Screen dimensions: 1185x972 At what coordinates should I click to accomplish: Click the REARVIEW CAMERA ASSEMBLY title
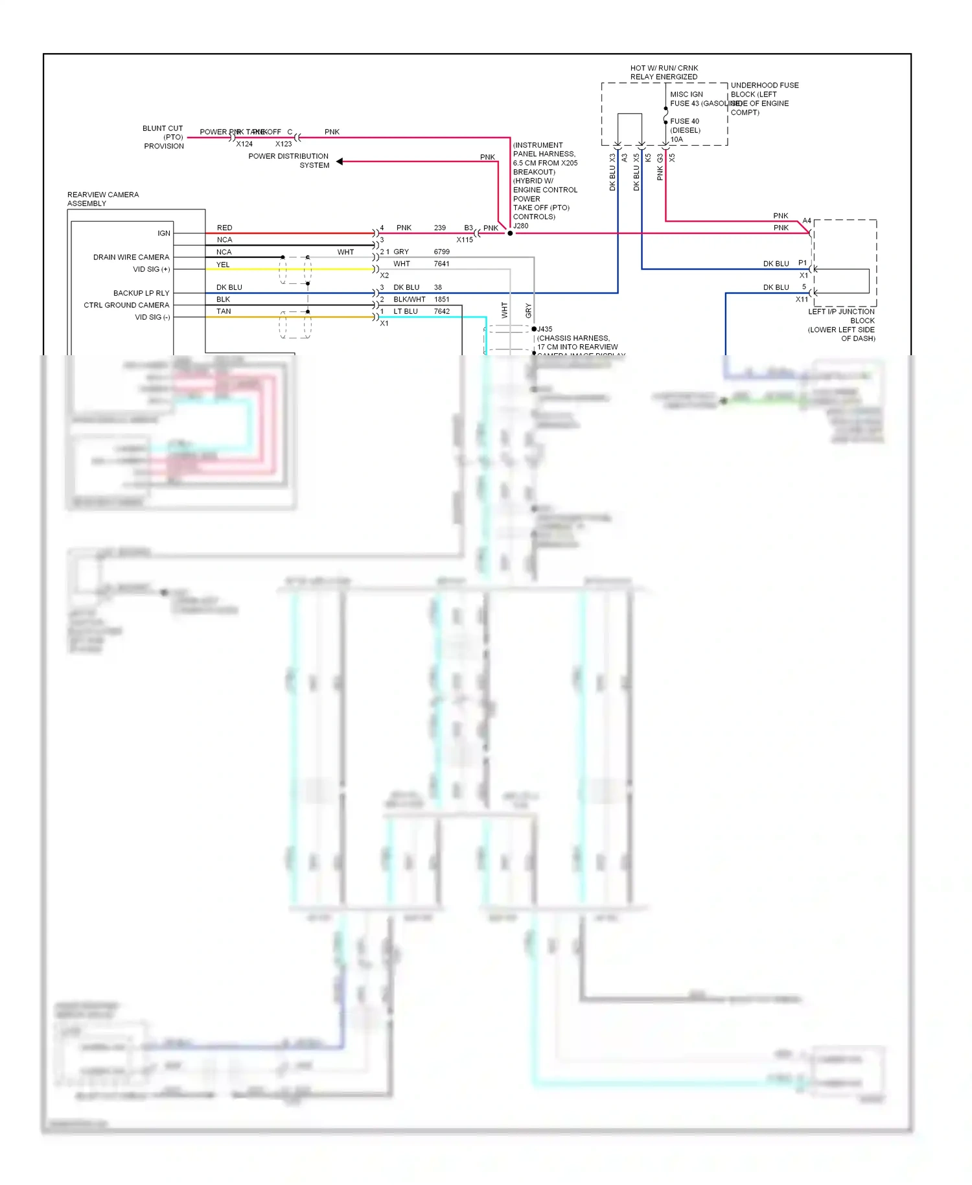click(x=102, y=199)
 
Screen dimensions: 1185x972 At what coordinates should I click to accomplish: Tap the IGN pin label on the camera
click(x=164, y=233)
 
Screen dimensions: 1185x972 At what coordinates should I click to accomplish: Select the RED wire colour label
click(x=224, y=228)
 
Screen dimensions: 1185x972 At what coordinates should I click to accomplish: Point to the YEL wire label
click(x=223, y=264)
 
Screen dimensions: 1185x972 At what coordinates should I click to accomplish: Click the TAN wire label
click(x=224, y=311)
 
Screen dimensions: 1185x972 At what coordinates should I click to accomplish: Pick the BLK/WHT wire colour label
click(x=409, y=299)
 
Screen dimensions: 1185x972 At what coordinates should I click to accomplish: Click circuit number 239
click(x=439, y=228)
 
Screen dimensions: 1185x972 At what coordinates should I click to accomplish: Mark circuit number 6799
click(x=441, y=252)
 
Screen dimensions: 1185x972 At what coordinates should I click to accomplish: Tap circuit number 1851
click(x=441, y=299)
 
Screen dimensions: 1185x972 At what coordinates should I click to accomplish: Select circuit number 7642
click(x=441, y=311)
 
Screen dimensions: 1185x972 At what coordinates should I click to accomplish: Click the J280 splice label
click(x=521, y=226)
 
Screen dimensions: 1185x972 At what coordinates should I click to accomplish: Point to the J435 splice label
click(x=544, y=329)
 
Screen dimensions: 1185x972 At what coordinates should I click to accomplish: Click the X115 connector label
click(x=465, y=240)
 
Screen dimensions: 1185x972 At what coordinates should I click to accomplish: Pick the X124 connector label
click(x=244, y=144)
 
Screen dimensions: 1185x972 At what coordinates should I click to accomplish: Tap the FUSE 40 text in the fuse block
click(x=684, y=121)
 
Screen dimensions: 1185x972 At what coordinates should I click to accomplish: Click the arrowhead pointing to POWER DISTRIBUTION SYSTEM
click(x=340, y=161)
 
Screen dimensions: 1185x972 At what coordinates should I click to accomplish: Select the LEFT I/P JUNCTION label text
click(x=840, y=312)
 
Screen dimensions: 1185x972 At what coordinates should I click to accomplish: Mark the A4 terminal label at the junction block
click(x=807, y=221)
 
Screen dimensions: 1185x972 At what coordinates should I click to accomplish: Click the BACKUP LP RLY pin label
click(x=141, y=293)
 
